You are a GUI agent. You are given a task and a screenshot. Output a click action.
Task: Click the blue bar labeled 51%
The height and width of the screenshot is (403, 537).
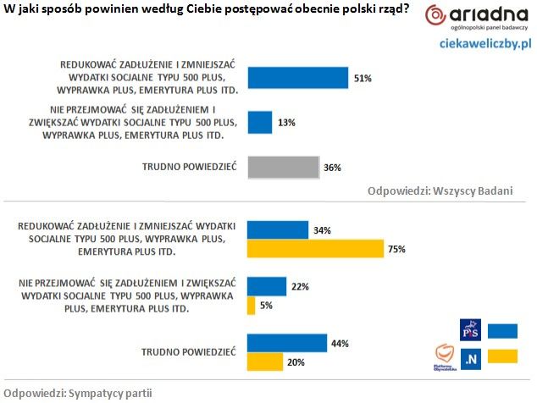tap(297, 77)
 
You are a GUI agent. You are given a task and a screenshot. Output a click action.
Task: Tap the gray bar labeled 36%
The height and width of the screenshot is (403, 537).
tap(283, 168)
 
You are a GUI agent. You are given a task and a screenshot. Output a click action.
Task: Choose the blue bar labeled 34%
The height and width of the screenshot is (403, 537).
tap(277, 230)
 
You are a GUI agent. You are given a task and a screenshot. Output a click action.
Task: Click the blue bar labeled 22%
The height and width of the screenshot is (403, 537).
tap(266, 287)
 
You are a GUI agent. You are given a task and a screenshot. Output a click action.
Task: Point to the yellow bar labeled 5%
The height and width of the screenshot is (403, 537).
tap(251, 306)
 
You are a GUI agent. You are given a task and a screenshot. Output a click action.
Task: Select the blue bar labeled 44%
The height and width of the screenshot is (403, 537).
tap(286, 343)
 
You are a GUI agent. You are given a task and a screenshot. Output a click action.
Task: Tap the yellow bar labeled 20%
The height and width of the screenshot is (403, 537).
tap(265, 362)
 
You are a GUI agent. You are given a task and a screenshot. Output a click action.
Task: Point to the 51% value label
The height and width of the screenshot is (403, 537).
tap(363, 78)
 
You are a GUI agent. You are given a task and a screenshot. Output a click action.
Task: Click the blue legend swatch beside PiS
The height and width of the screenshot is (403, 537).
tap(503, 329)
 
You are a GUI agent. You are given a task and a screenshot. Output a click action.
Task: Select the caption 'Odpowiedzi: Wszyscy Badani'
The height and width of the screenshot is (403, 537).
tap(440, 190)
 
